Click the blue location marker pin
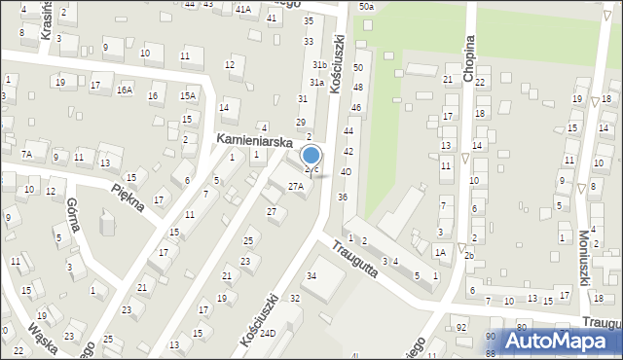coord(311,156)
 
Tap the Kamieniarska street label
coord(254,142)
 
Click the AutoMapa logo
coord(561,340)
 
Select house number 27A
coord(295,186)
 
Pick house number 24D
coord(267,333)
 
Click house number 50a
coord(365,7)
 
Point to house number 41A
coord(242,8)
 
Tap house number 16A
coord(125,90)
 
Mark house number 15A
coord(188,95)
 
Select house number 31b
coord(318,64)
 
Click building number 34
coord(311,276)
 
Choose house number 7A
coord(28,155)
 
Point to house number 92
coord(459,329)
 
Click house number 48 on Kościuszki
coord(357,88)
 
